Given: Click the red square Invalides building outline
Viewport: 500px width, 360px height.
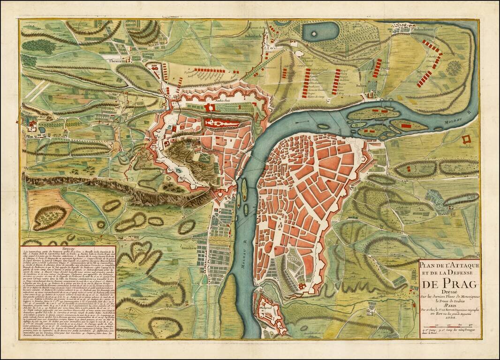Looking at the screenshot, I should (x=467, y=139).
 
